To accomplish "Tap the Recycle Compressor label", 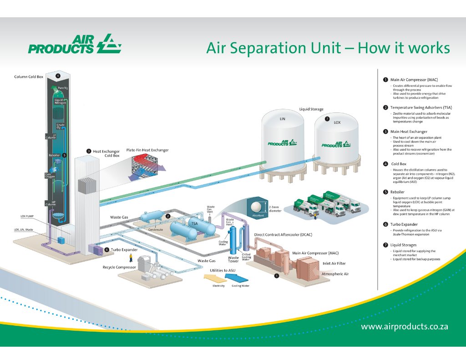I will [119, 267].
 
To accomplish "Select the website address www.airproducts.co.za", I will [405, 327].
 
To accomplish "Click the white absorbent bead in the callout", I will [254, 206].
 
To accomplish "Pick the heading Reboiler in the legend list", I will [398, 192].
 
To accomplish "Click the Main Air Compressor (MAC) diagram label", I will [315, 253].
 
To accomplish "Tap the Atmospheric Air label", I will [335, 274].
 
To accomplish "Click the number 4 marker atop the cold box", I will [58, 76].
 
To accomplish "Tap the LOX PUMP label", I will [27, 217].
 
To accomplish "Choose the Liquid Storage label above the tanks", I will [311, 109].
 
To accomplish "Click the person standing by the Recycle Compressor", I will [131, 258].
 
